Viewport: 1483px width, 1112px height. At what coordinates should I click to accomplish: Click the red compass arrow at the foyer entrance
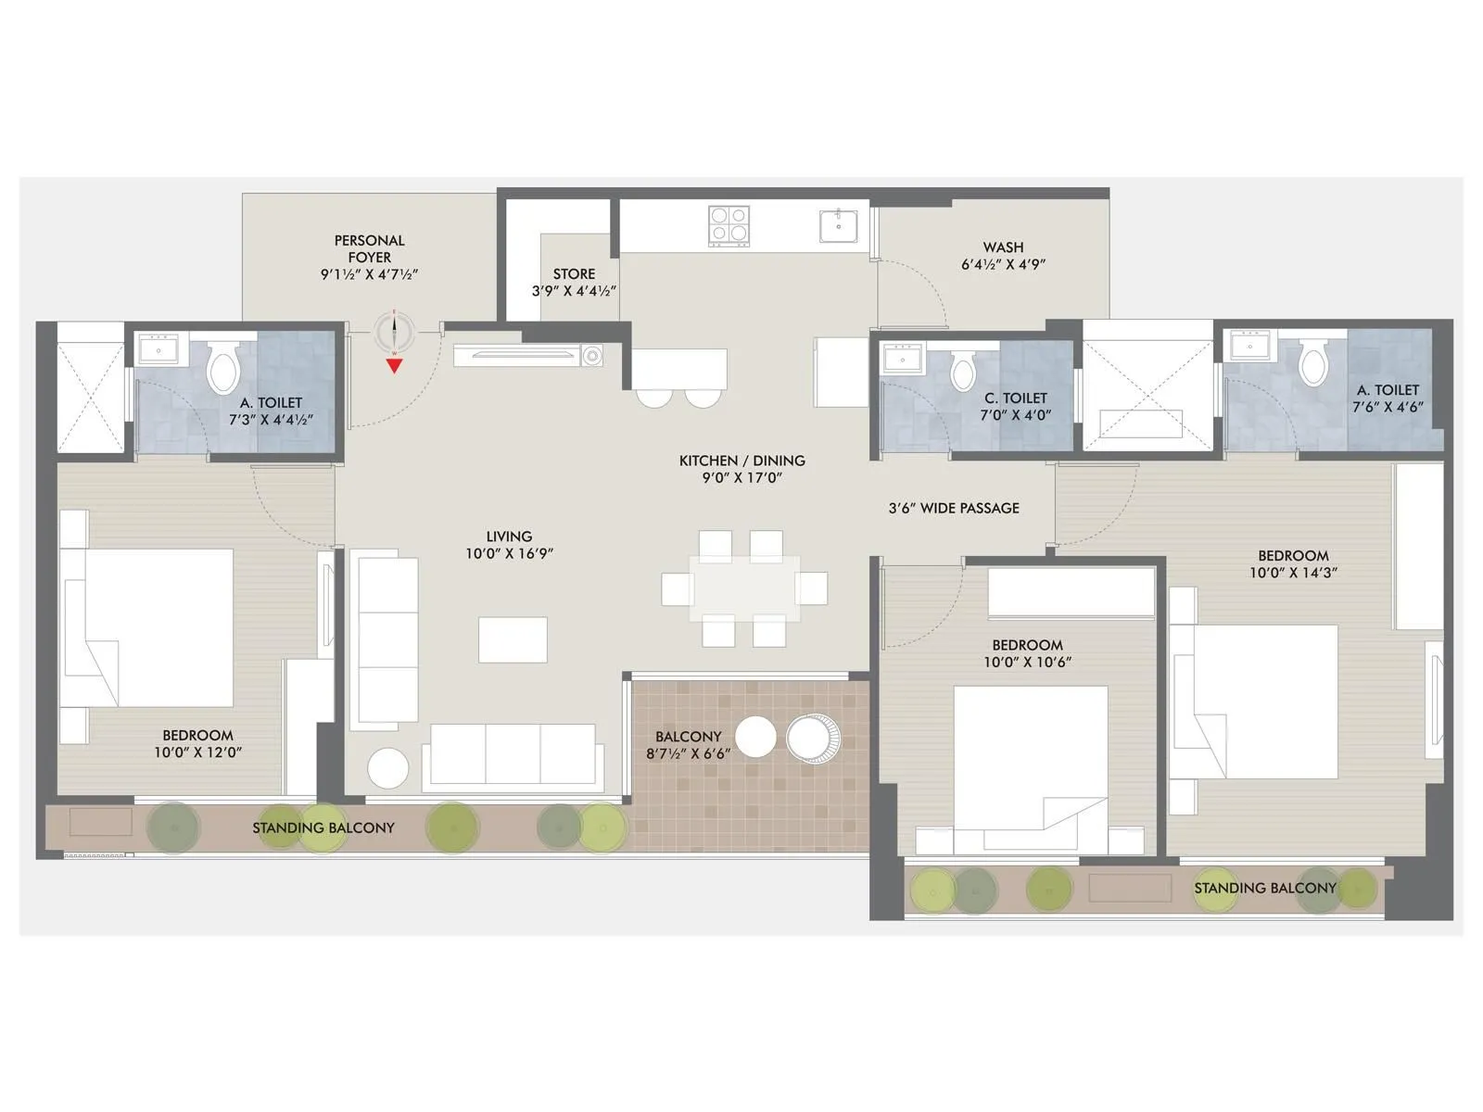tap(395, 365)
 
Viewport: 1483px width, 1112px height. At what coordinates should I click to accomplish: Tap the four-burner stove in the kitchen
tap(729, 225)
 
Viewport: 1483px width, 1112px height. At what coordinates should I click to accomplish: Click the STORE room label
tap(574, 274)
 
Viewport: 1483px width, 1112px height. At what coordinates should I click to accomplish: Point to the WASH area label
tap(1003, 247)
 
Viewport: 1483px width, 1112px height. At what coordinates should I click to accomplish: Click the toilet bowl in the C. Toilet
tap(963, 373)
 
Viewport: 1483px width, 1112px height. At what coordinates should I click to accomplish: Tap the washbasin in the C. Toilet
tap(902, 358)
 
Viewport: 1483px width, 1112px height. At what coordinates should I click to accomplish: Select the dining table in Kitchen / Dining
tap(744, 588)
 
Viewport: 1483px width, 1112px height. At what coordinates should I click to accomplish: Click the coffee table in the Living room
tap(513, 639)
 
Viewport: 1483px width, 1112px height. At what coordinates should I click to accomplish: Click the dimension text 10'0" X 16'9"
tap(509, 554)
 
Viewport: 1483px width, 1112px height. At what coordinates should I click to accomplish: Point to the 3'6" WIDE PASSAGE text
tap(954, 508)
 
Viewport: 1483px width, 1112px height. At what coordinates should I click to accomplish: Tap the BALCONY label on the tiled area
tap(688, 737)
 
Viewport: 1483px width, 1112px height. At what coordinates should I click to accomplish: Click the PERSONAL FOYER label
tap(369, 248)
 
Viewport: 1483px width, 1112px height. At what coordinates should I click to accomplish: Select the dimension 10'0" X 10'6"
tap(1027, 663)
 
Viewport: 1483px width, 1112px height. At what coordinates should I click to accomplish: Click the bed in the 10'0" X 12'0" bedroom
tap(148, 627)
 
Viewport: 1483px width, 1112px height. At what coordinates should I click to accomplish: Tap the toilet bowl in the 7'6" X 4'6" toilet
tap(1313, 364)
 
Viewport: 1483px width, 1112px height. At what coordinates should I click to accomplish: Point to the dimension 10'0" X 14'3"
tap(1293, 573)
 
